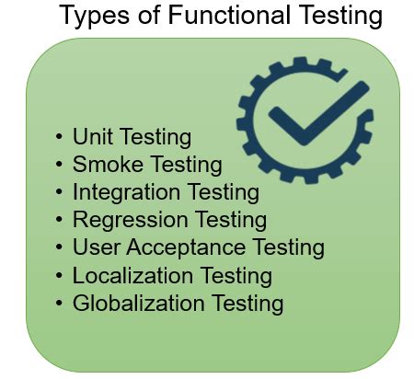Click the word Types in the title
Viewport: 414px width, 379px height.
(x=94, y=17)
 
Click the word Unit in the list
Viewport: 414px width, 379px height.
(x=90, y=137)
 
